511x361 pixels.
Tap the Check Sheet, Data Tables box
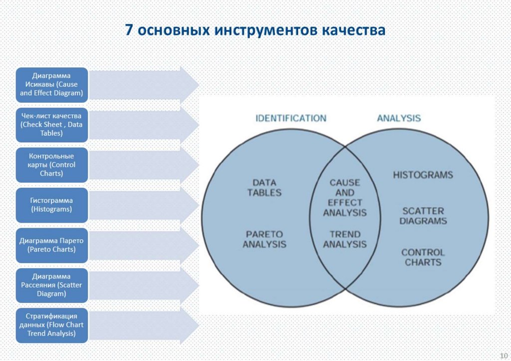(51, 125)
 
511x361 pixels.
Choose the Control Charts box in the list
(51, 165)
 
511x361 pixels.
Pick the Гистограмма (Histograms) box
(51, 205)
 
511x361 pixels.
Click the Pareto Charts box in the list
(51, 245)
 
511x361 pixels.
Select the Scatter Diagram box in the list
(51, 285)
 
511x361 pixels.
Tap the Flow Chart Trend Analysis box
(51, 325)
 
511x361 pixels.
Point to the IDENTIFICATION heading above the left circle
(290, 118)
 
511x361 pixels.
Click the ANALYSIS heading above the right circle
(399, 118)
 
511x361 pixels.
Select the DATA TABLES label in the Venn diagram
(264, 188)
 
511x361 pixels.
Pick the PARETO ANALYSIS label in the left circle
(264, 239)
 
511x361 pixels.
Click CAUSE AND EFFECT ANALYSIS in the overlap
(344, 198)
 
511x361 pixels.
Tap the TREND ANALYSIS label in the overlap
(344, 239)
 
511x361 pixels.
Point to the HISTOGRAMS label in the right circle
(423, 175)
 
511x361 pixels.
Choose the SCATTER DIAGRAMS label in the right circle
(423, 216)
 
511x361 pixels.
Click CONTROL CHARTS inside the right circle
(423, 257)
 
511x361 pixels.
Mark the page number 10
(503, 355)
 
